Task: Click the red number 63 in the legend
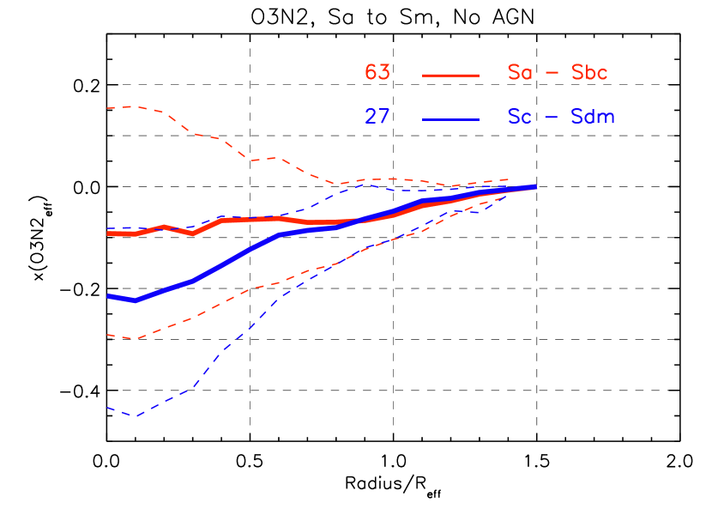coord(377,73)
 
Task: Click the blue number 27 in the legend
coord(377,117)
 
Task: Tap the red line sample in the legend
coord(450,76)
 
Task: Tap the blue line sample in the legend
coord(450,119)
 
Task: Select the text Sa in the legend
coord(519,73)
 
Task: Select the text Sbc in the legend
coord(589,73)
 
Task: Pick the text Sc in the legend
coord(519,117)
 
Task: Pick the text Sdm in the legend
coord(593,117)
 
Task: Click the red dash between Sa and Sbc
coord(553,74)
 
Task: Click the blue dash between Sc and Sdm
coord(553,118)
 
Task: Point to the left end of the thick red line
coord(108,233)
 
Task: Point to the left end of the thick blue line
coord(108,296)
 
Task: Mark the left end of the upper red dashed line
coord(107,108)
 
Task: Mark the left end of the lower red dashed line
coord(107,335)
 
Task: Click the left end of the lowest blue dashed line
coord(107,408)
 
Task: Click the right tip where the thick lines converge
coord(536,186)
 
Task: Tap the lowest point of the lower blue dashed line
coord(135,416)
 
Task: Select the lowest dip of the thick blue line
coord(135,300)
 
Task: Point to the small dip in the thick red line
coord(192,233)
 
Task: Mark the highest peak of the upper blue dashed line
coord(365,184)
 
